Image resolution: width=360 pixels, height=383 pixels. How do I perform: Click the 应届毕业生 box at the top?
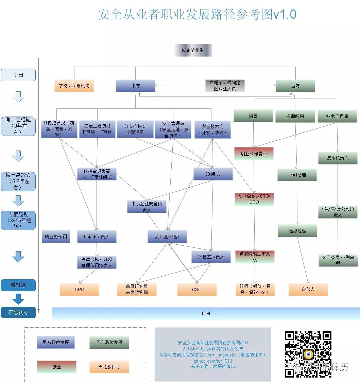coord(193,50)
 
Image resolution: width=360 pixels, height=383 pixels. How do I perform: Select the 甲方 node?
coord(135,86)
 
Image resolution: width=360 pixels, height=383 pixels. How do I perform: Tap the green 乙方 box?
coord(295,86)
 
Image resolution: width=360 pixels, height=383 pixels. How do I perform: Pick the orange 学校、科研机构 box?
coord(74,86)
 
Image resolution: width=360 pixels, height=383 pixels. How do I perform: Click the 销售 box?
coord(253,116)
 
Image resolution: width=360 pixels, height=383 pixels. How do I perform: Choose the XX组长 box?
coord(213,174)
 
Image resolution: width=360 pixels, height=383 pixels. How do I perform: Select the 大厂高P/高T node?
coord(167,237)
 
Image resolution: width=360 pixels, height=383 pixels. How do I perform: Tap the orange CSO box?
coord(196,290)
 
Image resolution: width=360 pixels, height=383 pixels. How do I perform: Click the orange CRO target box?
coord(80,290)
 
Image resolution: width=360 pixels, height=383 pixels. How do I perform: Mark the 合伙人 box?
coord(308,290)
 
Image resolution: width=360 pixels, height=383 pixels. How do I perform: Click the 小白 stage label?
coord(18,75)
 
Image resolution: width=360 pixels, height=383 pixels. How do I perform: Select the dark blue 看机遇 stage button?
coord(18,285)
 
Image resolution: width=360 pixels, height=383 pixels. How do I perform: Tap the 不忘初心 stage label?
coord(18,312)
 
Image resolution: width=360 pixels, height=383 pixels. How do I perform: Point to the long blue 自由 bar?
coord(206,313)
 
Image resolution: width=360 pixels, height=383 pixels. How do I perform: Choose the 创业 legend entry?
coord(57,367)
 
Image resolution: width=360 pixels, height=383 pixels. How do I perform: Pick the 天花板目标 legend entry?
coord(109,367)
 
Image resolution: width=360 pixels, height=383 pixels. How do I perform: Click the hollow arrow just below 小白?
coord(18,97)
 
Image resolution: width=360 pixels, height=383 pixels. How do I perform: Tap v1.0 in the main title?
coord(285,15)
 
